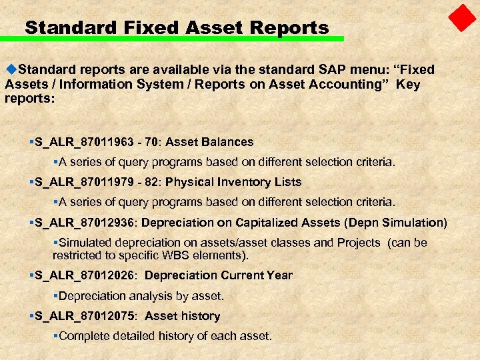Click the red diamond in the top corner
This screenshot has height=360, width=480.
[461, 18]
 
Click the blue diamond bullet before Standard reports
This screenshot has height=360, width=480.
[10, 69]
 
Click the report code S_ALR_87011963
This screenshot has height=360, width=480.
[80, 142]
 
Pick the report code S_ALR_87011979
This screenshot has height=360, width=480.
[80, 182]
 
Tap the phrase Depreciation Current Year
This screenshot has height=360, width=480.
[218, 275]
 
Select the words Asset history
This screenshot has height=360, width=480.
[182, 316]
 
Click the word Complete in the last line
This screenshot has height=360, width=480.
[83, 336]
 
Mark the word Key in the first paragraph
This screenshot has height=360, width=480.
[408, 84]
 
